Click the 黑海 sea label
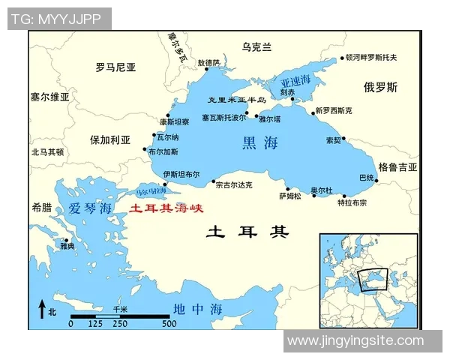point(259,142)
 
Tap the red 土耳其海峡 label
point(166,209)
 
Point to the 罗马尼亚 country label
point(116,67)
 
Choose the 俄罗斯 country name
point(380,87)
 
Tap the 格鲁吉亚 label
point(397,166)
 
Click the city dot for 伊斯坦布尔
point(166,183)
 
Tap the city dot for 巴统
point(376,181)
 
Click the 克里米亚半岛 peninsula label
point(237,100)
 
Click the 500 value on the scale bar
point(169,323)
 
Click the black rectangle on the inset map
point(373,279)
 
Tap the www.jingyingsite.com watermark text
point(355,341)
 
